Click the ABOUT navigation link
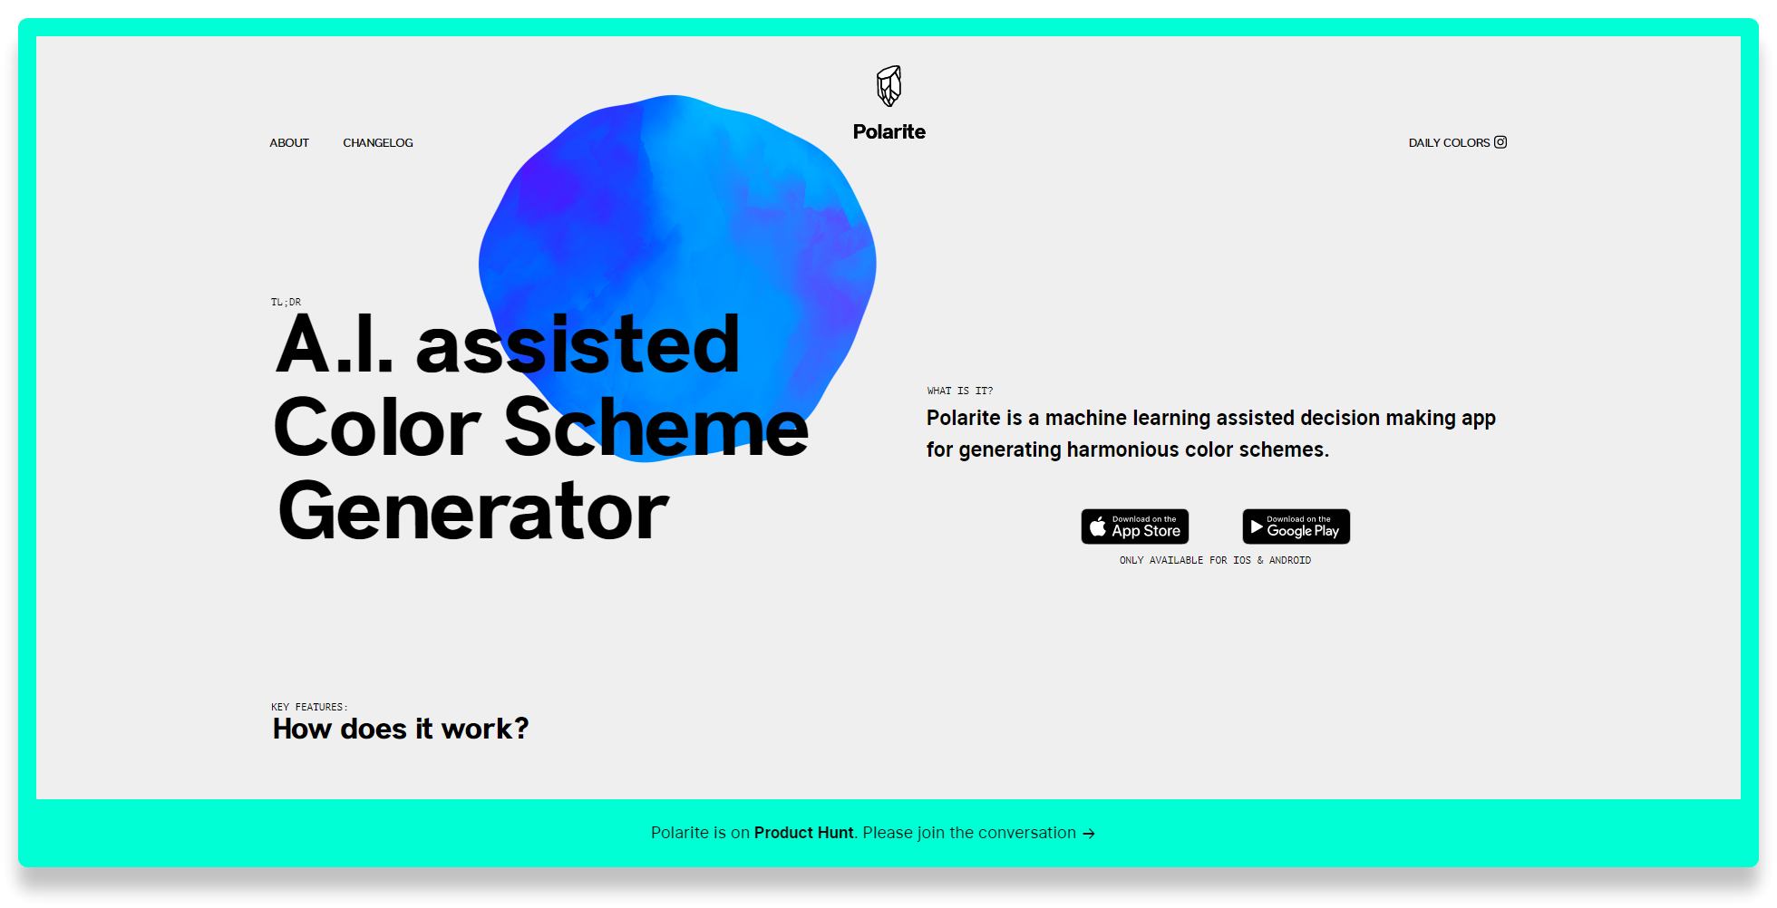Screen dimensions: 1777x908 (289, 143)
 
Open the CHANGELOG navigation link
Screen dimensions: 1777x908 (378, 143)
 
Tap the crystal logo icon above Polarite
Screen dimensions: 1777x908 (889, 86)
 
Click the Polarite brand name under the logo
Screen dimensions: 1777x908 (889, 132)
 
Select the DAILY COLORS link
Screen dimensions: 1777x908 (1449, 143)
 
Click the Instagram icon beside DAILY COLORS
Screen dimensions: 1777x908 (1500, 142)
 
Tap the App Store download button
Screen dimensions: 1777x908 (1135, 526)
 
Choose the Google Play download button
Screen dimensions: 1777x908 (1296, 526)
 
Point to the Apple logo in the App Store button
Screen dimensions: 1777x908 (1098, 526)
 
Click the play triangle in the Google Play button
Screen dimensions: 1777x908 (1257, 526)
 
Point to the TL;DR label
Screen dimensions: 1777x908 (286, 303)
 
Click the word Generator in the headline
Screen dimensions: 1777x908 (473, 512)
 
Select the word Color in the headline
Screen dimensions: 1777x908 (377, 428)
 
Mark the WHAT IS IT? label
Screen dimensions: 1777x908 (960, 391)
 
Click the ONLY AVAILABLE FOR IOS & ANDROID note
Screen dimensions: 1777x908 (1215, 561)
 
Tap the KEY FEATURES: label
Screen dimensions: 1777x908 (309, 708)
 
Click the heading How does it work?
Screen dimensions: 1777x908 (401, 729)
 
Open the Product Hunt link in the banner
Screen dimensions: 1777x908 (804, 833)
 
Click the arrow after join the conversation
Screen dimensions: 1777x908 (1089, 834)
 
